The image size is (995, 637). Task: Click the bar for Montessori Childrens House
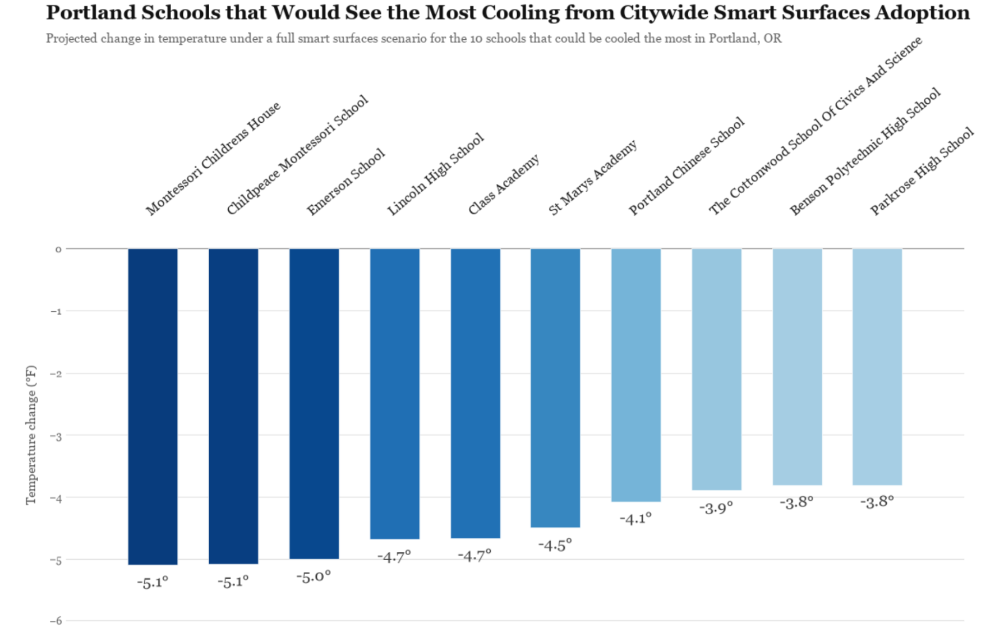click(153, 407)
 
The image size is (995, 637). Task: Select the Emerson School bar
click(314, 404)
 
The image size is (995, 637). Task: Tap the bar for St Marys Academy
click(555, 388)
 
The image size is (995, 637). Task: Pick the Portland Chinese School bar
click(636, 375)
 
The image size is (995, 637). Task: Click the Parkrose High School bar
click(877, 367)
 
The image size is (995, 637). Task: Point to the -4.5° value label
click(555, 545)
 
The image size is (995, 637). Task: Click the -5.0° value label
click(314, 576)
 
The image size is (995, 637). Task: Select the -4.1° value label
click(635, 519)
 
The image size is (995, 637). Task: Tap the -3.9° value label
click(716, 508)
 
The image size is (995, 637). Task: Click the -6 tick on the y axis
click(56, 621)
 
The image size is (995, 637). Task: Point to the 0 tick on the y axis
click(58, 250)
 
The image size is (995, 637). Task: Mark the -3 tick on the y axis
click(56, 436)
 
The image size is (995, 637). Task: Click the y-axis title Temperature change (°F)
click(31, 435)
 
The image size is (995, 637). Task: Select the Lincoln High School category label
click(435, 174)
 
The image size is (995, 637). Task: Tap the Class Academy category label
click(504, 184)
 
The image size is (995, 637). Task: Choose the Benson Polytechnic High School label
click(865, 151)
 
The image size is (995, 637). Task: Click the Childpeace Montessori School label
click(297, 155)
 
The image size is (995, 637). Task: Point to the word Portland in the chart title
click(87, 12)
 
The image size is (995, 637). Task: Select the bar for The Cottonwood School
click(717, 370)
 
